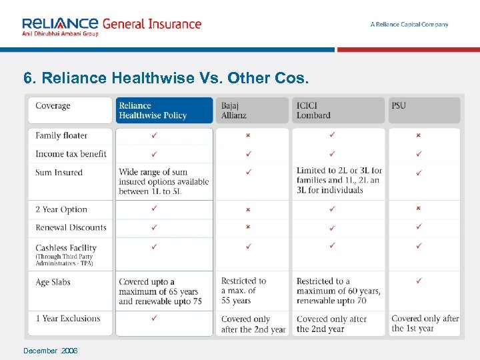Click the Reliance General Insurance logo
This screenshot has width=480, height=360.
click(111, 25)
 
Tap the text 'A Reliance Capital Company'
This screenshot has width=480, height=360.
click(409, 25)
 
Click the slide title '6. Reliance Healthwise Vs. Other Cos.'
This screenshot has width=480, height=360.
click(166, 78)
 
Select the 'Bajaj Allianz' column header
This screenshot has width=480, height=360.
click(234, 111)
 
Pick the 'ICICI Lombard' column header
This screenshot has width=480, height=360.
click(313, 111)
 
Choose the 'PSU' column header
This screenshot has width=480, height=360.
click(399, 105)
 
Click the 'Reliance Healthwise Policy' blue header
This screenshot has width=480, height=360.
click(153, 111)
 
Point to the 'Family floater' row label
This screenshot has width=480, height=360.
click(61, 135)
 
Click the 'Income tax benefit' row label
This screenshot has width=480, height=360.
click(71, 154)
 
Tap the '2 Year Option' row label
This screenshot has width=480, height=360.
click(61, 209)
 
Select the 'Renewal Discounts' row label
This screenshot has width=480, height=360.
click(71, 227)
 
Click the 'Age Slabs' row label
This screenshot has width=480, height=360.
click(53, 282)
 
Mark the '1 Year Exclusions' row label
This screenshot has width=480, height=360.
click(67, 319)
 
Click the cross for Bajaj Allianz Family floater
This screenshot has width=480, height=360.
click(248, 135)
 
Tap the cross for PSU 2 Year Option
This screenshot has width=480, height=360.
click(418, 208)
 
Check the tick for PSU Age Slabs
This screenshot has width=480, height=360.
click(418, 281)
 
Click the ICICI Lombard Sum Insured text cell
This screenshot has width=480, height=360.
click(339, 180)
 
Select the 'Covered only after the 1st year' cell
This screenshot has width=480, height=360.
click(425, 323)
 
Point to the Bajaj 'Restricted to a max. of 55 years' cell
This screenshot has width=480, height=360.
click(243, 291)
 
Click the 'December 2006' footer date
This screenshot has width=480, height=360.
click(50, 351)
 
